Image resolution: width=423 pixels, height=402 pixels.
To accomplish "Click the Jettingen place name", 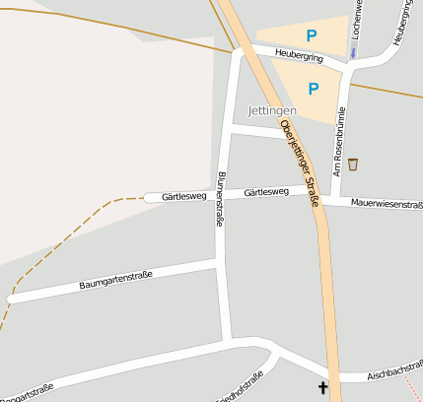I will (x=273, y=110).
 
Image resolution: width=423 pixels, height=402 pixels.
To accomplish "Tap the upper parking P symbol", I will (x=312, y=35).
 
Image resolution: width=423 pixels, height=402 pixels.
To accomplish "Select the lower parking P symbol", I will (x=314, y=89).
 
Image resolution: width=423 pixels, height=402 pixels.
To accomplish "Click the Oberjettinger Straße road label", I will (x=300, y=163).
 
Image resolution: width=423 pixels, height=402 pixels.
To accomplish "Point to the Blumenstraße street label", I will (x=219, y=200).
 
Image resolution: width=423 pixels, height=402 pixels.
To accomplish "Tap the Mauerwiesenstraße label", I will (x=387, y=204).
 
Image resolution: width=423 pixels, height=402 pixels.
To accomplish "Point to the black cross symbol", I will (x=322, y=388).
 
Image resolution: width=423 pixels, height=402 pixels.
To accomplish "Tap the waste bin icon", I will (x=353, y=164).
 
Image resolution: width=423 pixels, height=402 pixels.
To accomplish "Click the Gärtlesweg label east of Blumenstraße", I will (x=266, y=191).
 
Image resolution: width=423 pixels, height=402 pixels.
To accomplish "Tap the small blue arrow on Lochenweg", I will (x=353, y=50).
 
